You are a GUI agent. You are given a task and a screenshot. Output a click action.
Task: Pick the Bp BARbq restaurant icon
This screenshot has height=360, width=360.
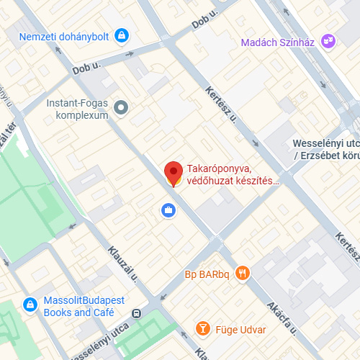pos(243,274)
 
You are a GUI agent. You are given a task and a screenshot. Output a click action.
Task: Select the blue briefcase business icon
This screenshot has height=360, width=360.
pos(167,210)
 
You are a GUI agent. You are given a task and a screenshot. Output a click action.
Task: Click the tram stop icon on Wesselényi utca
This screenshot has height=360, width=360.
pos(137,314)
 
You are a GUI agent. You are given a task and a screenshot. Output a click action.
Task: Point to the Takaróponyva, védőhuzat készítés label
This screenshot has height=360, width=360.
pos(232,175)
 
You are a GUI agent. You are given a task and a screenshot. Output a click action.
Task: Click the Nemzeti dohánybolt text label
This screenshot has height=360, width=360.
pos(63,35)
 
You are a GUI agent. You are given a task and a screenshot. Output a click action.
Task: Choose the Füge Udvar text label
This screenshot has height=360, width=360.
pos(240,330)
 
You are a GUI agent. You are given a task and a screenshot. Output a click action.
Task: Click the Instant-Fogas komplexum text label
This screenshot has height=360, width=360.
pos(77,109)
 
